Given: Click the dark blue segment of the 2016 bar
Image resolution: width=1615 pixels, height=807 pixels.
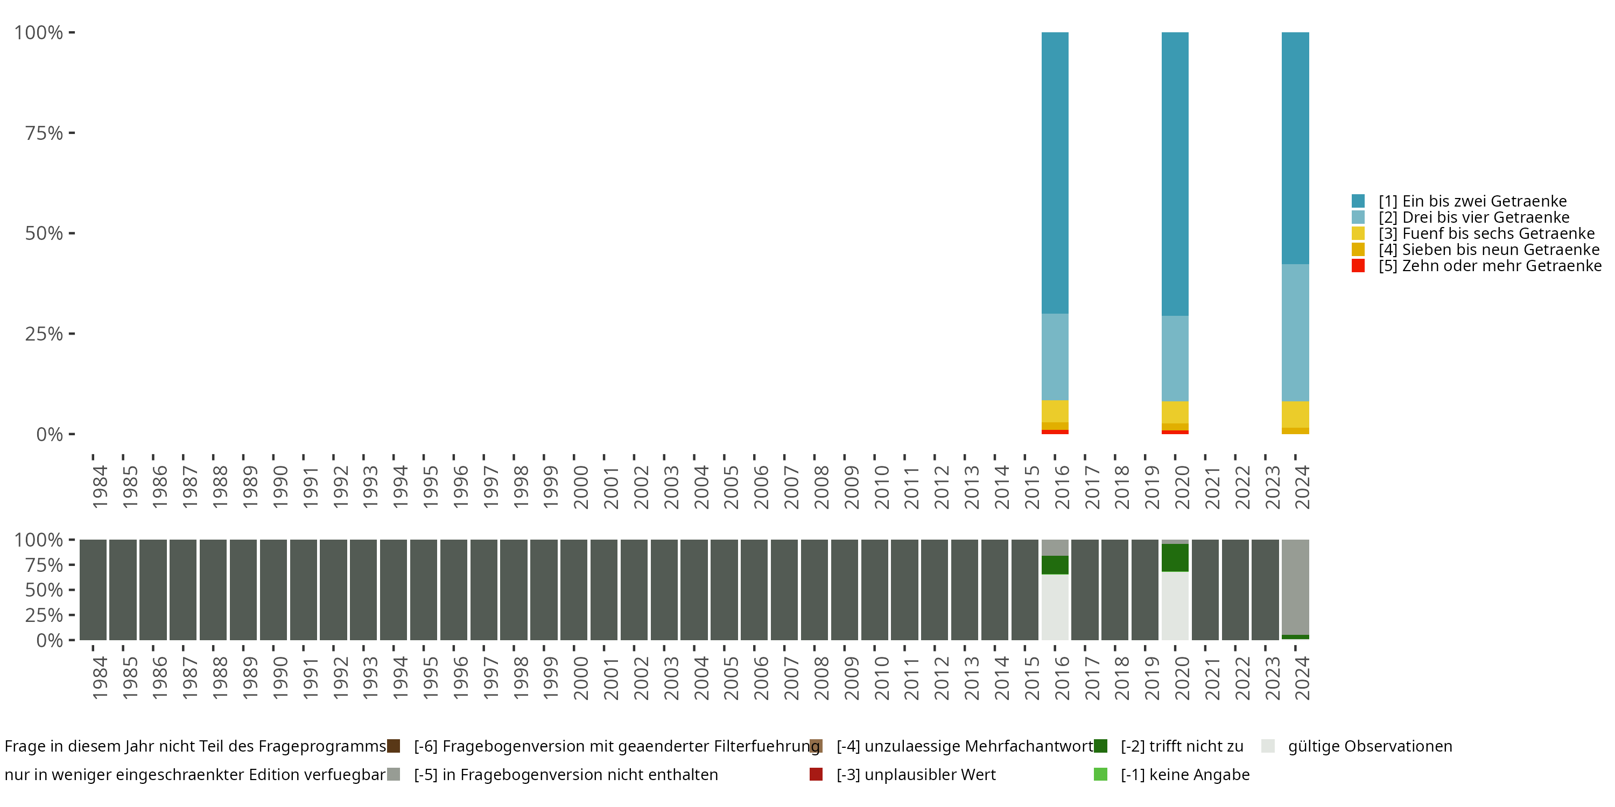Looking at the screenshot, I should tap(1055, 172).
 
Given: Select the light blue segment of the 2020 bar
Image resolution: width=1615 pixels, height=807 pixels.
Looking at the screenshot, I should tap(1175, 358).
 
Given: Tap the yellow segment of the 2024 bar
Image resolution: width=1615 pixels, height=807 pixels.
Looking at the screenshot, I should tap(1295, 414).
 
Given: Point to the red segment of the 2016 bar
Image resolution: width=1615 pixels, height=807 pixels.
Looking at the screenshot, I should tap(1055, 431).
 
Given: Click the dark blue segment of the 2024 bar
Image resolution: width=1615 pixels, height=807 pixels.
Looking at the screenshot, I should tap(1295, 148).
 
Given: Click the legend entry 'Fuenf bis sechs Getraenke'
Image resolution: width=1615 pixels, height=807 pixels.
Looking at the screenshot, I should tap(1486, 233).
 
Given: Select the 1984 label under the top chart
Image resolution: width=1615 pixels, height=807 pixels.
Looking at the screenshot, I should tap(100, 487).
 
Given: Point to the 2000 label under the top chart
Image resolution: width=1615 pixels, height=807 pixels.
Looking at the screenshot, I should tap(580, 487).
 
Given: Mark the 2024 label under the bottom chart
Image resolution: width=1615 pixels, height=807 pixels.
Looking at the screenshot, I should tap(1302, 678).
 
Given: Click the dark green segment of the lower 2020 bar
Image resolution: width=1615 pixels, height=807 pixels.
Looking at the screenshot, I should tap(1175, 557).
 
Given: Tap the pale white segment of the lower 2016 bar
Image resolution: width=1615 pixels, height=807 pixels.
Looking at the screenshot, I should tap(1055, 606).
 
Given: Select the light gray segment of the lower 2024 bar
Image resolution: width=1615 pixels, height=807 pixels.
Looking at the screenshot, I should tap(1295, 586).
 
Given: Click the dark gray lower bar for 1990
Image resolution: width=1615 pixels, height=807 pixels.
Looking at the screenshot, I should tap(273, 590).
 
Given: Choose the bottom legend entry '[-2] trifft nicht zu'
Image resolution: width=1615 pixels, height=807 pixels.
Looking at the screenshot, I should tap(1182, 746).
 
